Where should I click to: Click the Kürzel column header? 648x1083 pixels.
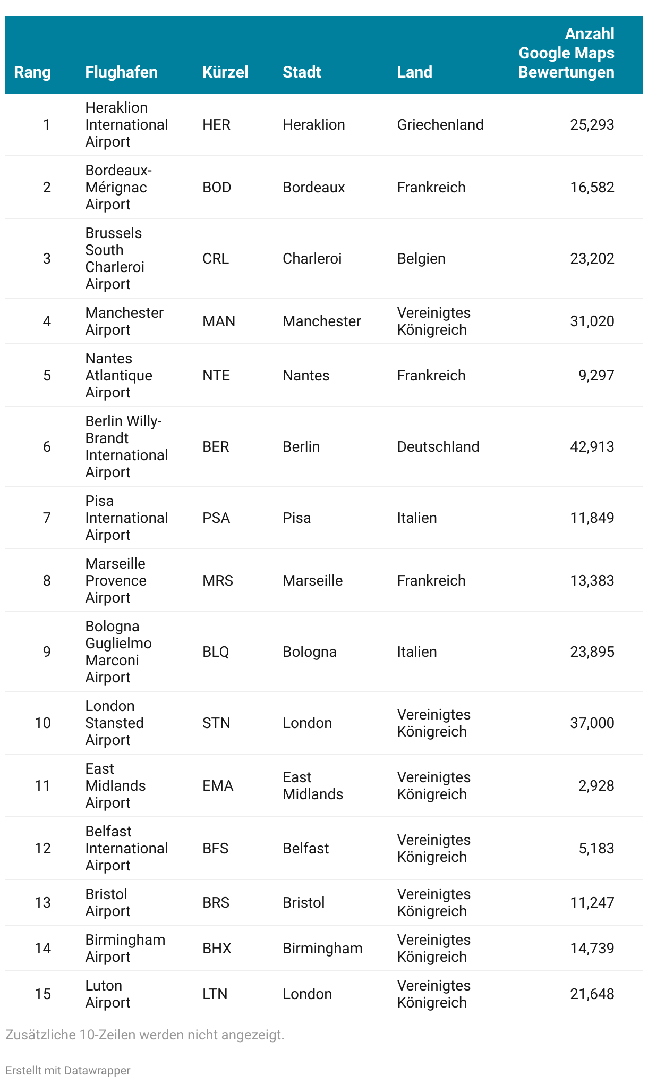click(x=225, y=72)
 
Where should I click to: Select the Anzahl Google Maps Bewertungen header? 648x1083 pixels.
click(x=566, y=53)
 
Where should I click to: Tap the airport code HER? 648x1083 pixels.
click(x=216, y=124)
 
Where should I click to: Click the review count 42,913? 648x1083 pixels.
click(x=592, y=446)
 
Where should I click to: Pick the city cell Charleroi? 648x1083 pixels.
click(x=312, y=258)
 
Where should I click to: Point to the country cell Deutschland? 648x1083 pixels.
click(x=438, y=446)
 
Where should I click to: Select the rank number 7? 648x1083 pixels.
click(x=47, y=518)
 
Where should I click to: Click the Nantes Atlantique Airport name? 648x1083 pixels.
click(x=118, y=375)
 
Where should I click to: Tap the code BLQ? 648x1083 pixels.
click(x=216, y=652)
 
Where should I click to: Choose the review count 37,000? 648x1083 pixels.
click(x=592, y=723)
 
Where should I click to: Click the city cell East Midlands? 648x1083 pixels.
click(x=312, y=785)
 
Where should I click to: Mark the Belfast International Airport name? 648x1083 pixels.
click(x=126, y=848)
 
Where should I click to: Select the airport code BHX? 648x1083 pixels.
click(x=217, y=948)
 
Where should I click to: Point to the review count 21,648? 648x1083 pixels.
click(x=592, y=994)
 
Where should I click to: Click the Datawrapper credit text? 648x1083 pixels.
click(x=68, y=1070)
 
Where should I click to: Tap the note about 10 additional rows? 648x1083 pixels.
click(x=144, y=1035)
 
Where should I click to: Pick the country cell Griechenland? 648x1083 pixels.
click(x=440, y=124)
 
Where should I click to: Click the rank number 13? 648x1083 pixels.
click(x=42, y=902)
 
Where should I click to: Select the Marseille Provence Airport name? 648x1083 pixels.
click(x=116, y=580)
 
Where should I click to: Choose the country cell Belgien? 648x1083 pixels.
click(x=421, y=258)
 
